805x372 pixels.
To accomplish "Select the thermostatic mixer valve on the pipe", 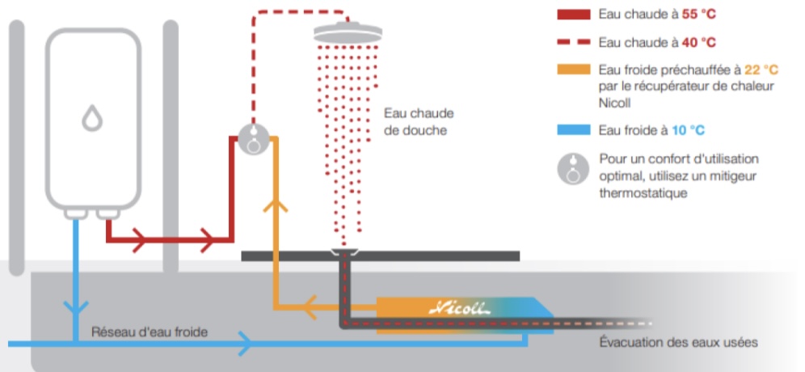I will pos(254,139).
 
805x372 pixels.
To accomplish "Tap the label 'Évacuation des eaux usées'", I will pos(678,342).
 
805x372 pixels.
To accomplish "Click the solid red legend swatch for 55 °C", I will pos(573,15).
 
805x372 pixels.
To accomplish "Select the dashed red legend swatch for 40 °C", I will pos(573,42).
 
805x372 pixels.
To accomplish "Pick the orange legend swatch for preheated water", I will pos(573,70).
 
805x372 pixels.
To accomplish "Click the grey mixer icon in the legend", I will pos(573,167).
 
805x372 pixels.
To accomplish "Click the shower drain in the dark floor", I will pos(346,252).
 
